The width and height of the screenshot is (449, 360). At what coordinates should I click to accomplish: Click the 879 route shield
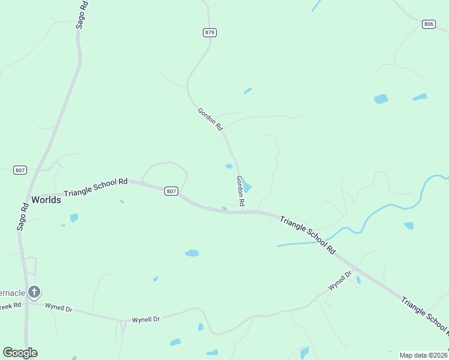(209, 32)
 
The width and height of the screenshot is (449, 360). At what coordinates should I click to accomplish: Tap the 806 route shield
(428, 24)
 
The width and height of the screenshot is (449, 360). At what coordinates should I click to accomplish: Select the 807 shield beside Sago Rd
(20, 170)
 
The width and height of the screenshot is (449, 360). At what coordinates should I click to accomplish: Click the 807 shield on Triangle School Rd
(171, 191)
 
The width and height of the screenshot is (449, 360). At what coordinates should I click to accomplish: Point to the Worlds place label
(46, 200)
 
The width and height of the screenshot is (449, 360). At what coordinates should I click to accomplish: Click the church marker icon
(34, 292)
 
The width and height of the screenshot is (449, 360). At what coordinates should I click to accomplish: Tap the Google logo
(20, 353)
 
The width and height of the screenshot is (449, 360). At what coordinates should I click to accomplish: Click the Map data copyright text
(423, 355)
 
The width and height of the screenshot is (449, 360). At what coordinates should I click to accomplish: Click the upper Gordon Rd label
(210, 119)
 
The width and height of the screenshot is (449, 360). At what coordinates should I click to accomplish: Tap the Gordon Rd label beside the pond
(240, 191)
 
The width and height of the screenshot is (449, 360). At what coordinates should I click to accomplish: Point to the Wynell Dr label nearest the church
(59, 308)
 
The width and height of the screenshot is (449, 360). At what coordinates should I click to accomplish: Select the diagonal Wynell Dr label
(340, 281)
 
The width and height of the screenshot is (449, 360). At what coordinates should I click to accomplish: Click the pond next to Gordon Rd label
(247, 187)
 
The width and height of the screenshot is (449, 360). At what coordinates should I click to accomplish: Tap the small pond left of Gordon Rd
(229, 166)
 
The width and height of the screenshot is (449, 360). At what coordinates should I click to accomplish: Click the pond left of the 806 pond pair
(381, 99)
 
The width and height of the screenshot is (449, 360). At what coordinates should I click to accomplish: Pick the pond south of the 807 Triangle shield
(191, 253)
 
